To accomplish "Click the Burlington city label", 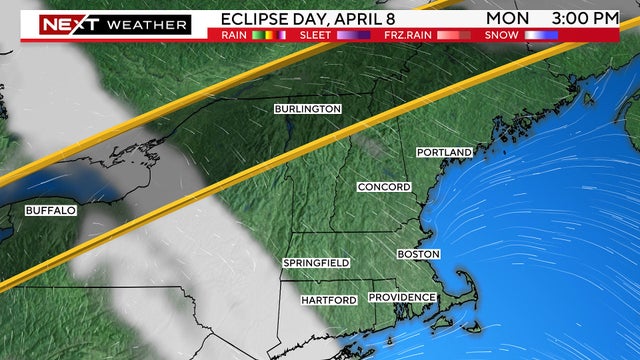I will pos(309,109).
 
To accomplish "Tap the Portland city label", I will pos(444,152).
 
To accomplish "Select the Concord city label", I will pos(384,188).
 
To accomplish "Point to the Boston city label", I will pos(418,255).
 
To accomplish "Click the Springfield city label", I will pos(316,263).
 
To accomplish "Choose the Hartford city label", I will pos(330,300).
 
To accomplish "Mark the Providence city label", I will pos(402,298).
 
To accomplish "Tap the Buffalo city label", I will pos(50,211).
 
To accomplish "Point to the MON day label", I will pos(509,18).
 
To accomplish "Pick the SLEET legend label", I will pos(320,35).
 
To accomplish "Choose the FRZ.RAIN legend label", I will pos(410,35).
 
